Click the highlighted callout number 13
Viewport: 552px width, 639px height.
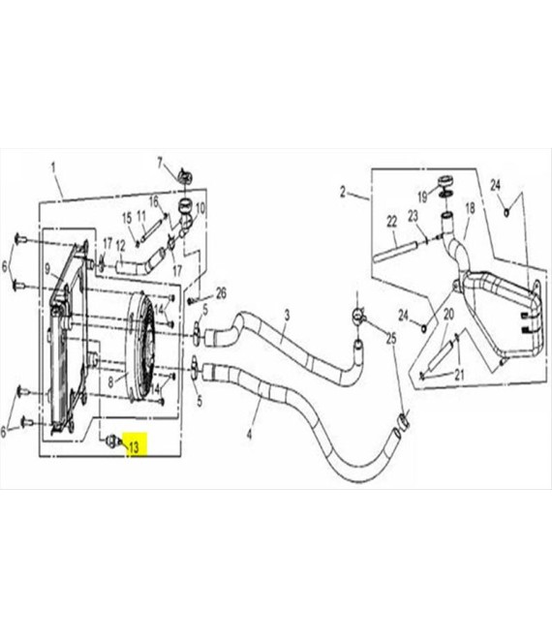click(x=134, y=447)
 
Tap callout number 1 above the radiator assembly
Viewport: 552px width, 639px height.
click(x=53, y=167)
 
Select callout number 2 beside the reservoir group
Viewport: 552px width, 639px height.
click(x=343, y=193)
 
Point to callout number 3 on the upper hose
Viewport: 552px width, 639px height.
click(x=288, y=315)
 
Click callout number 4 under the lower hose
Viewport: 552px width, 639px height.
click(x=250, y=435)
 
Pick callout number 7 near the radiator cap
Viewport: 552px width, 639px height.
click(x=160, y=164)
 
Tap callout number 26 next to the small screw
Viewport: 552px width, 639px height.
click(x=221, y=293)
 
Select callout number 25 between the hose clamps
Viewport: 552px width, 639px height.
click(x=391, y=338)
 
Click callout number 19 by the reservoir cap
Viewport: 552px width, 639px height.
click(x=422, y=198)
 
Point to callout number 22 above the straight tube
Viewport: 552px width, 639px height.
click(x=391, y=222)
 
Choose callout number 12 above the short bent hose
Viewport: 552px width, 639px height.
click(x=121, y=246)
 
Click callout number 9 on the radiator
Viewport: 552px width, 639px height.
click(x=47, y=269)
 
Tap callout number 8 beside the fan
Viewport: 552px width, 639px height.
click(x=110, y=383)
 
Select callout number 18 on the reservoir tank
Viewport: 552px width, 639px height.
click(x=470, y=208)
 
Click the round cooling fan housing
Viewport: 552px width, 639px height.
click(x=139, y=347)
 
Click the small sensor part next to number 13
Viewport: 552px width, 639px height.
click(x=111, y=441)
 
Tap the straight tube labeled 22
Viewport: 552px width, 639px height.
click(x=395, y=252)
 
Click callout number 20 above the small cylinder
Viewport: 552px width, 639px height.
click(x=448, y=315)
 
